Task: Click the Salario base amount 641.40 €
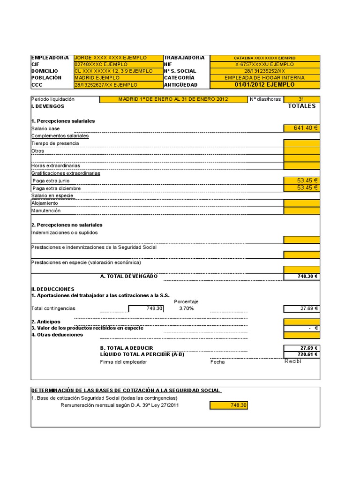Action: [302, 128]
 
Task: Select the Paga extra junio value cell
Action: [302, 180]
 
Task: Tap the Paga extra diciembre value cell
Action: [302, 188]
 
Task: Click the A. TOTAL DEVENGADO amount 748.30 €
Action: [302, 277]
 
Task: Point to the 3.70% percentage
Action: [186, 308]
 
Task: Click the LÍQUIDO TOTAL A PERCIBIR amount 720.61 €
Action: [302, 354]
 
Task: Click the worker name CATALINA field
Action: [265, 58]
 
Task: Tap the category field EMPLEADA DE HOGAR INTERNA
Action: [265, 78]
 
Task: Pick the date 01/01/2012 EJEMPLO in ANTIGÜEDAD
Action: [265, 85]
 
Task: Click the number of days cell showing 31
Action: [302, 99]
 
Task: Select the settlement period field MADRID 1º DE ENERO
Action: [173, 99]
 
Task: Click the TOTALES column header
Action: [301, 106]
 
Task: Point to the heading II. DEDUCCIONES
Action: [52, 289]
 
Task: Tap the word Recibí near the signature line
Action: [292, 361]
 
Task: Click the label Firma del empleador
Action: [123, 362]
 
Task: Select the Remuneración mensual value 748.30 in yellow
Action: [229, 405]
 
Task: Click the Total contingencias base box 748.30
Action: [146, 308]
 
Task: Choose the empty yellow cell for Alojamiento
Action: [302, 203]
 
